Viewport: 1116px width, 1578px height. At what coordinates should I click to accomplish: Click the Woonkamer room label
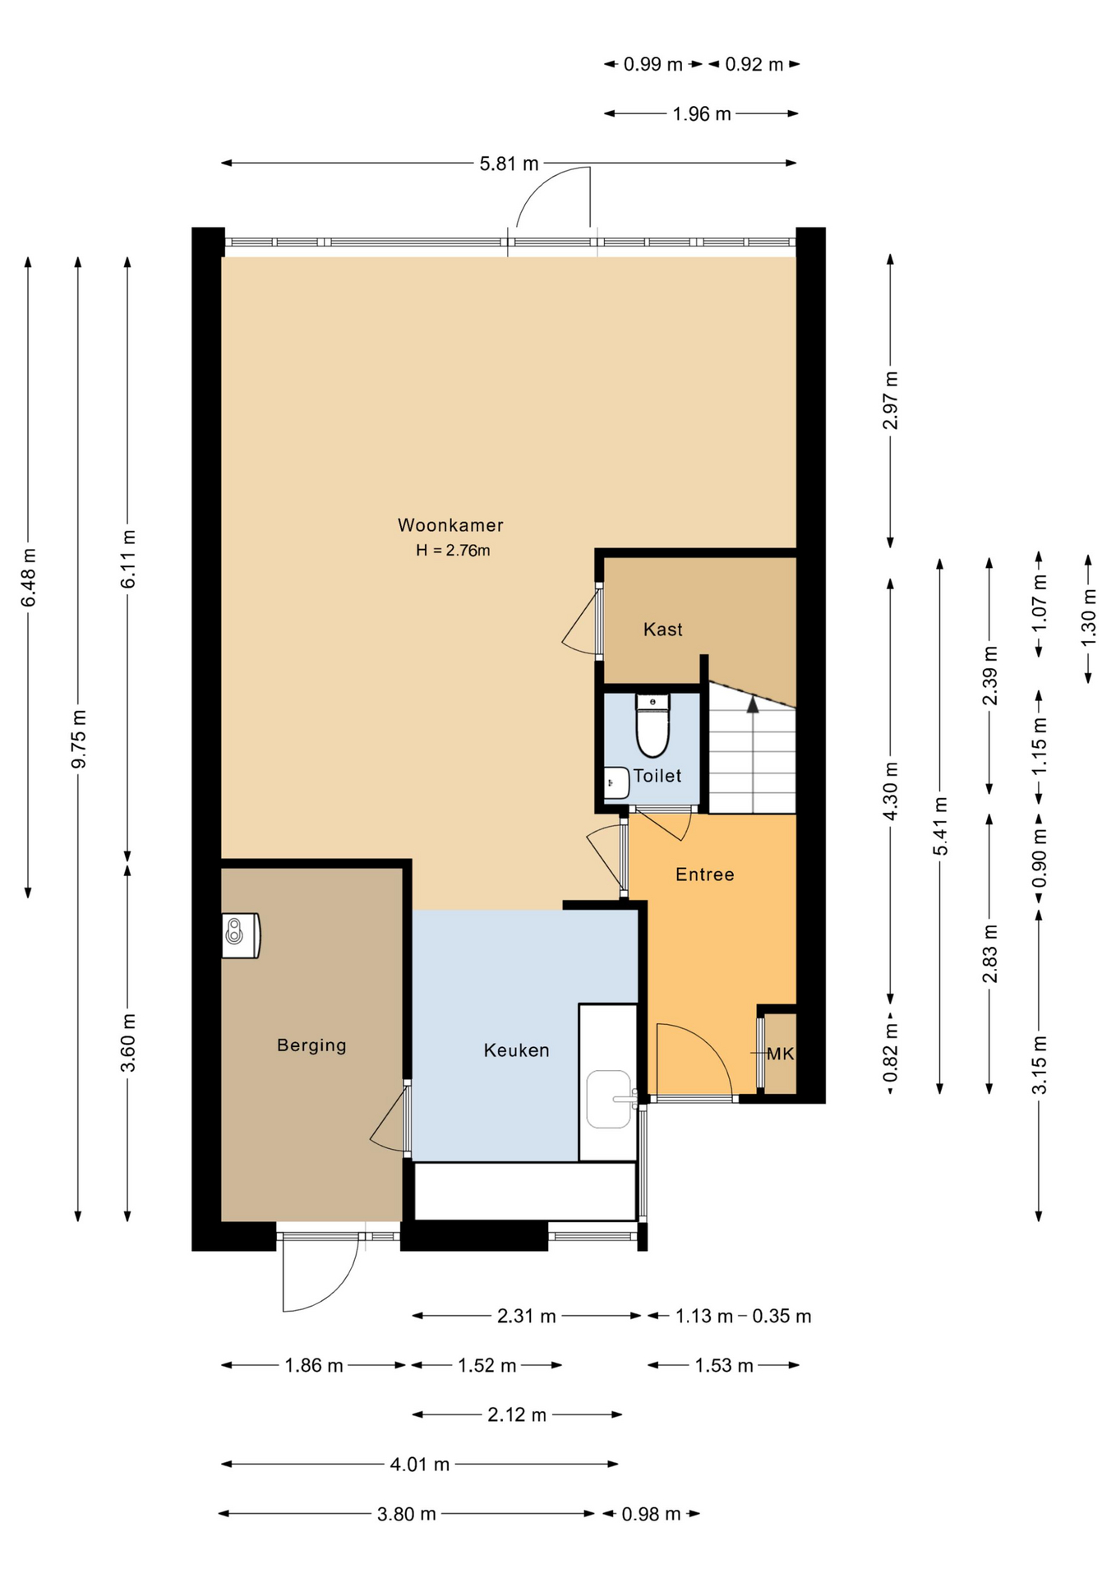pyautogui.click(x=450, y=524)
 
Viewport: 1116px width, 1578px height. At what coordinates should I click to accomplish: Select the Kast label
pyautogui.click(x=662, y=630)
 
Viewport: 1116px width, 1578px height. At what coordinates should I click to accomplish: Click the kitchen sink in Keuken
pyautogui.click(x=608, y=1099)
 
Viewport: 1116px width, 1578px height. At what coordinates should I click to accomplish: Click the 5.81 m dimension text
pyautogui.click(x=509, y=164)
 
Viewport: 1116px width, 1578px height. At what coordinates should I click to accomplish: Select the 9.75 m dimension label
pyautogui.click(x=79, y=739)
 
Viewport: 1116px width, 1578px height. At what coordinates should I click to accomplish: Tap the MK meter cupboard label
pyautogui.click(x=780, y=1054)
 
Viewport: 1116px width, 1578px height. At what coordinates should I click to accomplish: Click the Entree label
pyautogui.click(x=704, y=874)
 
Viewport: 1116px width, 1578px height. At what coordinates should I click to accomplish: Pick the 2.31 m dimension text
pyautogui.click(x=526, y=1316)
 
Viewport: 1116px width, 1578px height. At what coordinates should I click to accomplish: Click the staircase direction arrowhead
pyautogui.click(x=752, y=704)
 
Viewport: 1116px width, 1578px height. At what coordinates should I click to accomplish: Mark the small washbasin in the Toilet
pyautogui.click(x=614, y=782)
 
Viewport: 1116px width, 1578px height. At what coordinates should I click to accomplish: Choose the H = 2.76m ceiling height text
pyautogui.click(x=453, y=551)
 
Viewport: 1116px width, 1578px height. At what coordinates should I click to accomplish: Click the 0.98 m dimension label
pyautogui.click(x=651, y=1514)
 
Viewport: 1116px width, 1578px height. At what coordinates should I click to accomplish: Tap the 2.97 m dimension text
pyautogui.click(x=890, y=400)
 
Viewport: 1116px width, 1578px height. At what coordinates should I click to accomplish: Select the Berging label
pyautogui.click(x=311, y=1045)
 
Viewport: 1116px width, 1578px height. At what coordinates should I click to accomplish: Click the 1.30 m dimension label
pyautogui.click(x=1088, y=617)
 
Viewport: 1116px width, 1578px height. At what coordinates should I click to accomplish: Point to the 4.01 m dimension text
pyautogui.click(x=419, y=1464)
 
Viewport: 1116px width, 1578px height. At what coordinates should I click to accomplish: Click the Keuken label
pyautogui.click(x=516, y=1050)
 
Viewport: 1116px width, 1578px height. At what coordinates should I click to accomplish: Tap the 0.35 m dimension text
pyautogui.click(x=782, y=1316)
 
